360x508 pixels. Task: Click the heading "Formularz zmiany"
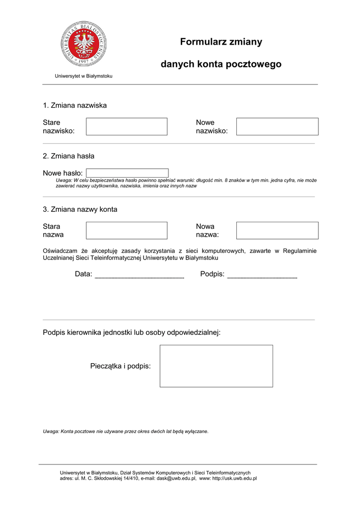coord(221,42)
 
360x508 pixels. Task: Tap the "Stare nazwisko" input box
coord(127,127)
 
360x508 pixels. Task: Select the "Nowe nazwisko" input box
coord(277,127)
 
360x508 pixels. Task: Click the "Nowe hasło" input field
coord(127,173)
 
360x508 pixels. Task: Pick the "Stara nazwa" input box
coord(127,231)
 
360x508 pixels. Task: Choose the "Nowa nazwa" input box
coord(277,231)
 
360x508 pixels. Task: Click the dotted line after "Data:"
coord(139,276)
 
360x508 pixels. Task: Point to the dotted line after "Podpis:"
coord(262,276)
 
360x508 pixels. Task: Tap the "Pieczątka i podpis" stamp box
coord(216,366)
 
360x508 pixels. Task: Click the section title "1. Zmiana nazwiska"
coord(74,105)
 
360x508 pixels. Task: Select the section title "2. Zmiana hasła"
coord(69,156)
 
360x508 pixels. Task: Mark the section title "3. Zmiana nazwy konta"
coord(80,209)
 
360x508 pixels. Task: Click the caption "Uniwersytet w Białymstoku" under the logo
coord(83,76)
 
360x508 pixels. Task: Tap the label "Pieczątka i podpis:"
coord(121,366)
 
